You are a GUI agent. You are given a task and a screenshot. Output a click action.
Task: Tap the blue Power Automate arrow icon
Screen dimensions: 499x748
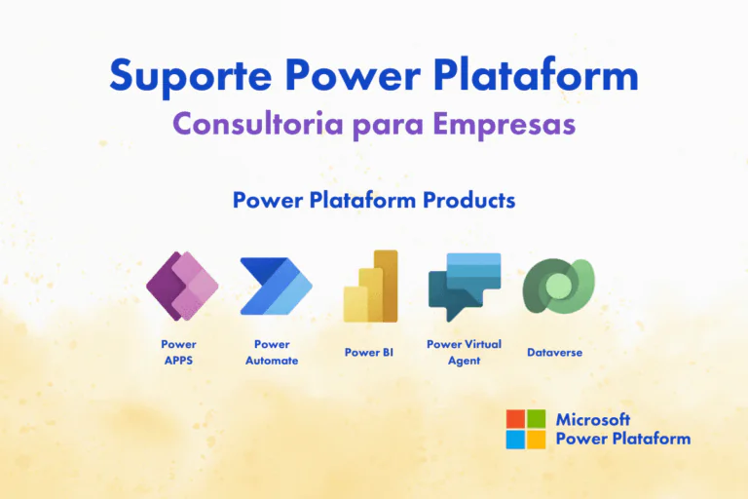click(x=276, y=287)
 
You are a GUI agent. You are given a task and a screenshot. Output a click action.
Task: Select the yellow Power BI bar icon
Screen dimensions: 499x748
click(x=371, y=286)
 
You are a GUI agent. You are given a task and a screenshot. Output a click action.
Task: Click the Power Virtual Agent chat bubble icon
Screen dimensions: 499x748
click(x=465, y=287)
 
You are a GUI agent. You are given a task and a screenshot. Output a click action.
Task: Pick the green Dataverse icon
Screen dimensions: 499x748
click(x=557, y=286)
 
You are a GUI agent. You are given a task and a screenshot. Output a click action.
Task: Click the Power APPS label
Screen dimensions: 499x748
click(x=178, y=352)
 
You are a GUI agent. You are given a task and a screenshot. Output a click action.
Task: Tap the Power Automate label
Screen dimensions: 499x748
click(x=272, y=352)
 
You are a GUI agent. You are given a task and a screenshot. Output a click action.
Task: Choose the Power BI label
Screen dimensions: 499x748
click(x=368, y=352)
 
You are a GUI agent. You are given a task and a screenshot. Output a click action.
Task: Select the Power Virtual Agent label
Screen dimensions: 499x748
click(x=465, y=352)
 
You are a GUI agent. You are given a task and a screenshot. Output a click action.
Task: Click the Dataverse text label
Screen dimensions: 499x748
click(x=554, y=352)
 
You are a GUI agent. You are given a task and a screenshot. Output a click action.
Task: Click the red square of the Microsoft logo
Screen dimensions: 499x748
click(x=514, y=418)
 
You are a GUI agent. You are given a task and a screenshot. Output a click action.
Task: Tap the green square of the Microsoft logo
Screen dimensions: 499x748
click(x=536, y=418)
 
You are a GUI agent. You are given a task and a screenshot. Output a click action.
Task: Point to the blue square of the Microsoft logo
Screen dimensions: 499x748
click(x=514, y=440)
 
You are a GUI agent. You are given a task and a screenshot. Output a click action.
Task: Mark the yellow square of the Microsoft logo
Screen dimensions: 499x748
click(x=536, y=440)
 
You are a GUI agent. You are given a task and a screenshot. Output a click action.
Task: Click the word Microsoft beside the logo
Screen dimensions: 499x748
click(x=593, y=419)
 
